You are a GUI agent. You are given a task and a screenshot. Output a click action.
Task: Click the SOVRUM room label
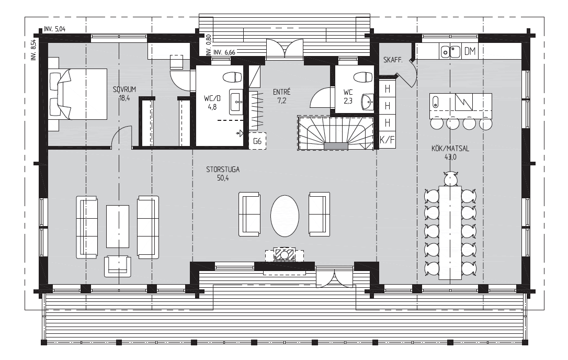tap(124, 89)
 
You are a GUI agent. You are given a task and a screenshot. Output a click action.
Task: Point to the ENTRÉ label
tap(282, 92)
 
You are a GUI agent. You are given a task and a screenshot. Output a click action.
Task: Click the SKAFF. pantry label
tap(393, 60)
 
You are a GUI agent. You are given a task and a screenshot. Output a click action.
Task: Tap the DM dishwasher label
tap(470, 52)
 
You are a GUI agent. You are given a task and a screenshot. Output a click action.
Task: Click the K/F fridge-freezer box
tap(387, 140)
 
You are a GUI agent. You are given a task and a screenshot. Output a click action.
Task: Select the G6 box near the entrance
tap(257, 141)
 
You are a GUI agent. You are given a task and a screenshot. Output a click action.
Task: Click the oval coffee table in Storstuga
tap(285, 216)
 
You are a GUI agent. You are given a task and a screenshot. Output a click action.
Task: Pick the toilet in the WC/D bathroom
tap(232, 77)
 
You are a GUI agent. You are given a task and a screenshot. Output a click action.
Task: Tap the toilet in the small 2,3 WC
tap(363, 77)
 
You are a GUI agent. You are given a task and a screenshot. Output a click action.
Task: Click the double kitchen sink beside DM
tap(450, 52)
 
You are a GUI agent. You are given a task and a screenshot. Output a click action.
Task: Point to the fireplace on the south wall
tap(285, 254)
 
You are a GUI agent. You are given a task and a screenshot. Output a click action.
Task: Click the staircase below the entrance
tap(335, 133)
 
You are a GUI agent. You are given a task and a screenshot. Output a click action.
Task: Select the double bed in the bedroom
tap(78, 94)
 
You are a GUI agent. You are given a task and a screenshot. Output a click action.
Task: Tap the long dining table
tap(450, 233)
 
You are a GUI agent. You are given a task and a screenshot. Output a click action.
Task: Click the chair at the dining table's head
tap(450, 178)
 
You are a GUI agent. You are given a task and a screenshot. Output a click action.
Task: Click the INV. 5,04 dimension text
tap(54, 29)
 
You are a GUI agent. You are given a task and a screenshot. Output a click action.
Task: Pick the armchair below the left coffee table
tap(117, 266)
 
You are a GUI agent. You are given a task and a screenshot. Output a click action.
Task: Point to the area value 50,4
tap(223, 178)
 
